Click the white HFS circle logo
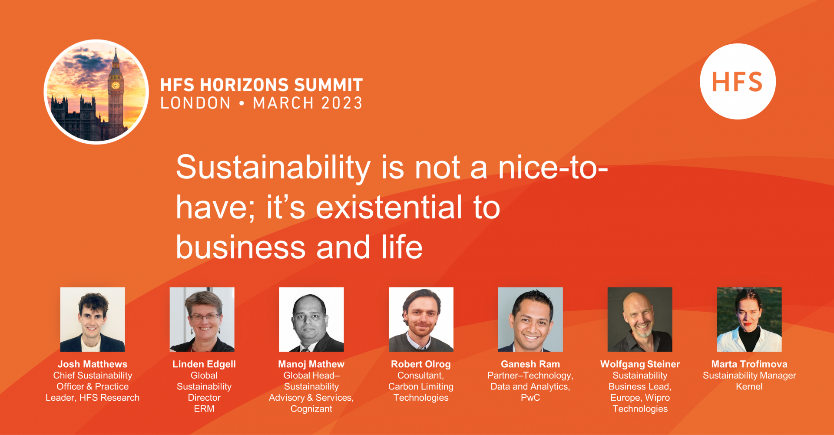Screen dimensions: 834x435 [738, 81]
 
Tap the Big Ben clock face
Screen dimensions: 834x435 [116, 85]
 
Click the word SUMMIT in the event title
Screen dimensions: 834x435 [322, 85]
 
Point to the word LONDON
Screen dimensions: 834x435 [195, 103]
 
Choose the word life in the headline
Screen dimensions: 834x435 [402, 247]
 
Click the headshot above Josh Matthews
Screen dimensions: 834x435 [93, 319]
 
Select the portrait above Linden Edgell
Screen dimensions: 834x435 [202, 319]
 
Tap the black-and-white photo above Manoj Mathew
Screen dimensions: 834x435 [311, 319]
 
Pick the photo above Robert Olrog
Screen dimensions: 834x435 [421, 319]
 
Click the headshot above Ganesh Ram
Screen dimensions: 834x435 [530, 319]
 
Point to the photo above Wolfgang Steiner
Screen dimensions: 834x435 [640, 319]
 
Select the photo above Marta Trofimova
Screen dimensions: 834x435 [749, 319]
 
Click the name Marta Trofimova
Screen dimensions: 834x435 [749, 364]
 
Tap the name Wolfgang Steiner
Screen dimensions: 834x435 [640, 365]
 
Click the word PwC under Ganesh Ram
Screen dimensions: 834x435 [530, 398]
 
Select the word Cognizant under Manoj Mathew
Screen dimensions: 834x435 [311, 409]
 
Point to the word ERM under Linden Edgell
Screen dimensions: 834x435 [204, 409]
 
